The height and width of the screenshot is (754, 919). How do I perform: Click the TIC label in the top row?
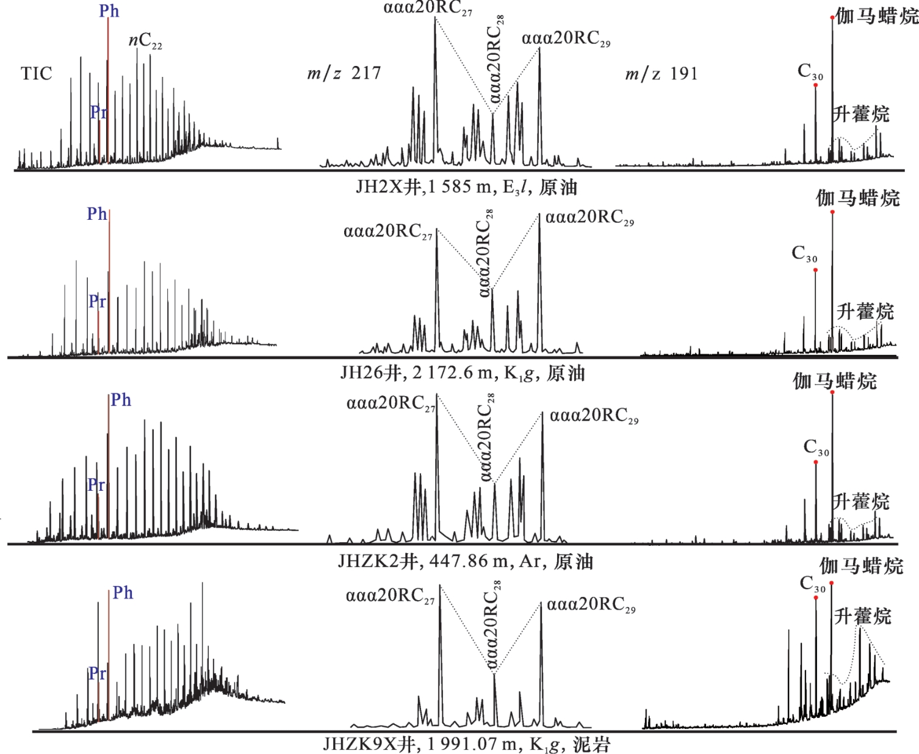(x=37, y=74)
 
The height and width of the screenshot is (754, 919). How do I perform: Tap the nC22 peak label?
(x=145, y=41)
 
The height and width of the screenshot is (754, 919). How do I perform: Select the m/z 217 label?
(x=344, y=73)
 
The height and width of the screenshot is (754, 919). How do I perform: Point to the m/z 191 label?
(x=661, y=74)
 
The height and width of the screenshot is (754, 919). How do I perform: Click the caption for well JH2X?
(x=466, y=187)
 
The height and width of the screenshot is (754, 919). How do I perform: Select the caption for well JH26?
(x=463, y=372)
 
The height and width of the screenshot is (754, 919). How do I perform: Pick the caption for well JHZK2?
(x=465, y=561)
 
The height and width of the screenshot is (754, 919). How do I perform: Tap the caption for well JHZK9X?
(x=466, y=744)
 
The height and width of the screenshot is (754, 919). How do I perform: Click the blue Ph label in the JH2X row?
(x=109, y=11)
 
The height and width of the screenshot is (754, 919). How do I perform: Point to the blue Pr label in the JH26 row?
(x=98, y=301)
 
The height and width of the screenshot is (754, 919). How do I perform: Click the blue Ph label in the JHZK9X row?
(x=123, y=593)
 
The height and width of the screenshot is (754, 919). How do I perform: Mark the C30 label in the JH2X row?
(x=810, y=72)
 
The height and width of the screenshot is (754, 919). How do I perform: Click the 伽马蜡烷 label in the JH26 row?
(x=858, y=198)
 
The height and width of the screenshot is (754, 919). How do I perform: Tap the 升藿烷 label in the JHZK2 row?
(x=861, y=502)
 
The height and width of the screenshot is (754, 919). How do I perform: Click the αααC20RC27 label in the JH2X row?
(x=428, y=9)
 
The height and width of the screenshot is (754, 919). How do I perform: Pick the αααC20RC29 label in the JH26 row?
(x=589, y=218)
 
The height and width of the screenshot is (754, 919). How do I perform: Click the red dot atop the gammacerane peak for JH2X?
(x=832, y=18)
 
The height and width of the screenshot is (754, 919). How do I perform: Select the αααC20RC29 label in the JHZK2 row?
(x=594, y=416)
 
